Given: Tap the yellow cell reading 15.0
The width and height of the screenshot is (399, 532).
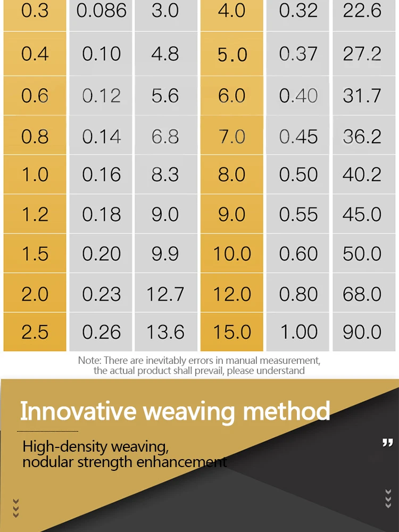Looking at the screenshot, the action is coord(232,332).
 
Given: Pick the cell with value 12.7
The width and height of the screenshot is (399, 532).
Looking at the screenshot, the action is coord(166,293).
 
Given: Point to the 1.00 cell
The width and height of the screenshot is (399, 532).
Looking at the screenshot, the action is coord(297,332).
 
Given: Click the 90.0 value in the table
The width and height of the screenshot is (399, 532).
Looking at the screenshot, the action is coord(362,332).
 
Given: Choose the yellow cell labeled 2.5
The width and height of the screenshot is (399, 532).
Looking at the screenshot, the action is coord(35,332).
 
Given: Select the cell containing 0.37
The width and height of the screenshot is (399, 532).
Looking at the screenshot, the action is coord(297,54).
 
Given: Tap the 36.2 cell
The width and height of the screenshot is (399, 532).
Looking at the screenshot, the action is coord(362,136).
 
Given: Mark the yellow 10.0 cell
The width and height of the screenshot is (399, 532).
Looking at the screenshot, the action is coord(232,253).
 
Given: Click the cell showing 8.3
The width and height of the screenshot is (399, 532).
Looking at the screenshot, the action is coord(166,174).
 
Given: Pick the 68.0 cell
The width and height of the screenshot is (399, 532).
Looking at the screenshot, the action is coord(362,293).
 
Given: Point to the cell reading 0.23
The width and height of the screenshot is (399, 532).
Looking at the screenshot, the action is coord(101,293).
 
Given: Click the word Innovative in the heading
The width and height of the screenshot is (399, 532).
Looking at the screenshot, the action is coord(78,411).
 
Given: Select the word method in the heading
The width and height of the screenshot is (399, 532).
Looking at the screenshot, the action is coord(286,411).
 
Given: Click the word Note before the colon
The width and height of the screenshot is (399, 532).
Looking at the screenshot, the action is coord(89,360).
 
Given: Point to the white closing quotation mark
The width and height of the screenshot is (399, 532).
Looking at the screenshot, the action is coord(387,443).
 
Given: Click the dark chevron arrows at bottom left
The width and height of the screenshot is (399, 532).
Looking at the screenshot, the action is coord(15,508).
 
